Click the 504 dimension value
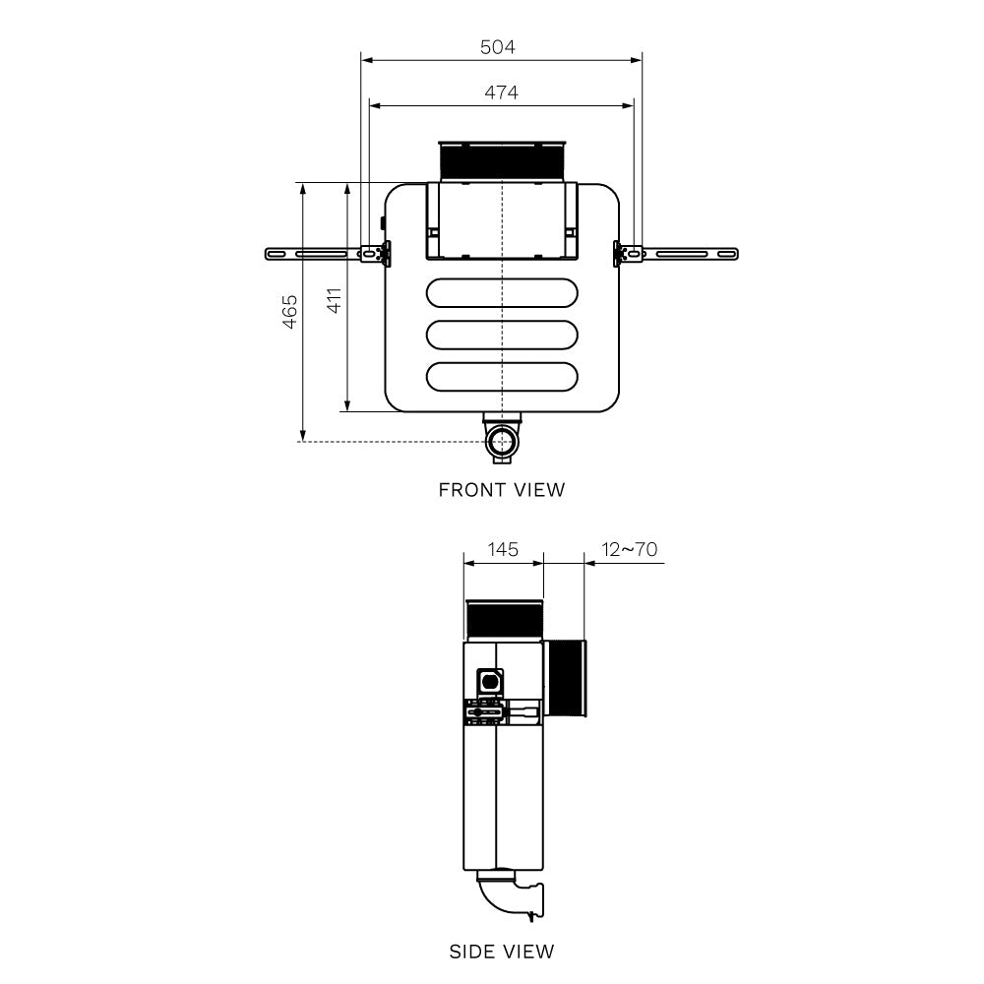tap(497, 47)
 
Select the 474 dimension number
tap(501, 92)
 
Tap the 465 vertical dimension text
tap(289, 312)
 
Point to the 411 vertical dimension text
tap(335, 300)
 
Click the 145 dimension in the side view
tap(503, 549)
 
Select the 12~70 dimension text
tap(630, 549)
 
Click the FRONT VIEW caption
tap(502, 489)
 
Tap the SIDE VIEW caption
tap(502, 952)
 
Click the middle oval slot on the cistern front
tap(502, 335)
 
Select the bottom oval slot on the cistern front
tap(502, 376)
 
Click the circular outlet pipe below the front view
tap(503, 440)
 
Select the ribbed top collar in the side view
tap(503, 620)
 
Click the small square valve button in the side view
tap(489, 680)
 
